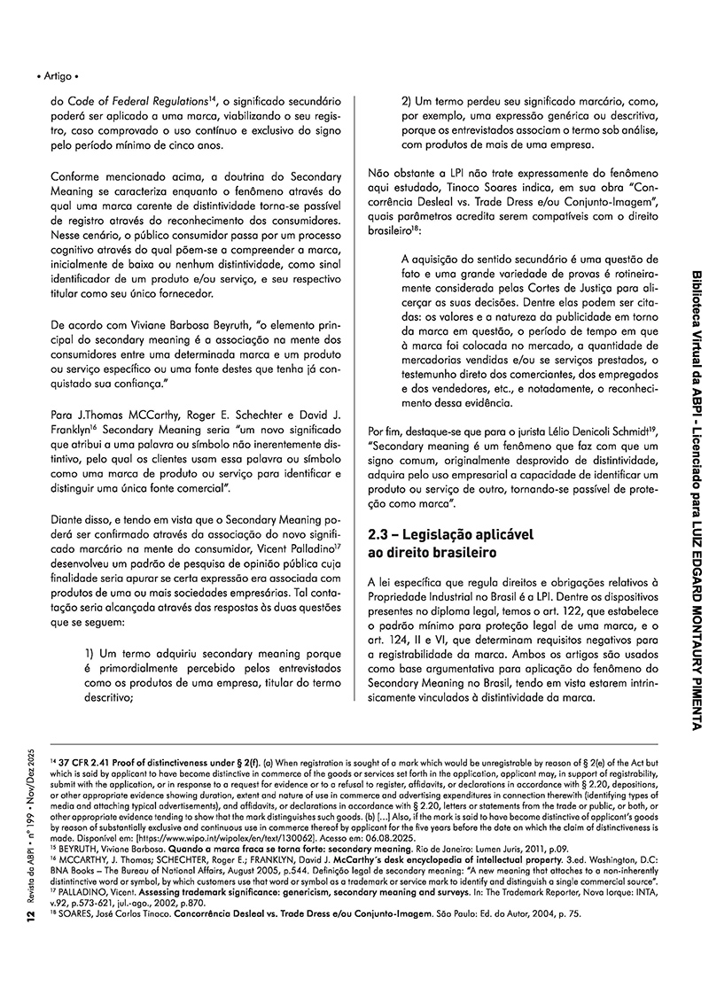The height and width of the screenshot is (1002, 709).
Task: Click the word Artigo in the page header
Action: [57, 78]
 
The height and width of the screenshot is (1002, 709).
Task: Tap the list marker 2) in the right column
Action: [409, 103]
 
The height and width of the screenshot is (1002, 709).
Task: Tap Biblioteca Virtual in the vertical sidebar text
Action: [695, 319]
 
